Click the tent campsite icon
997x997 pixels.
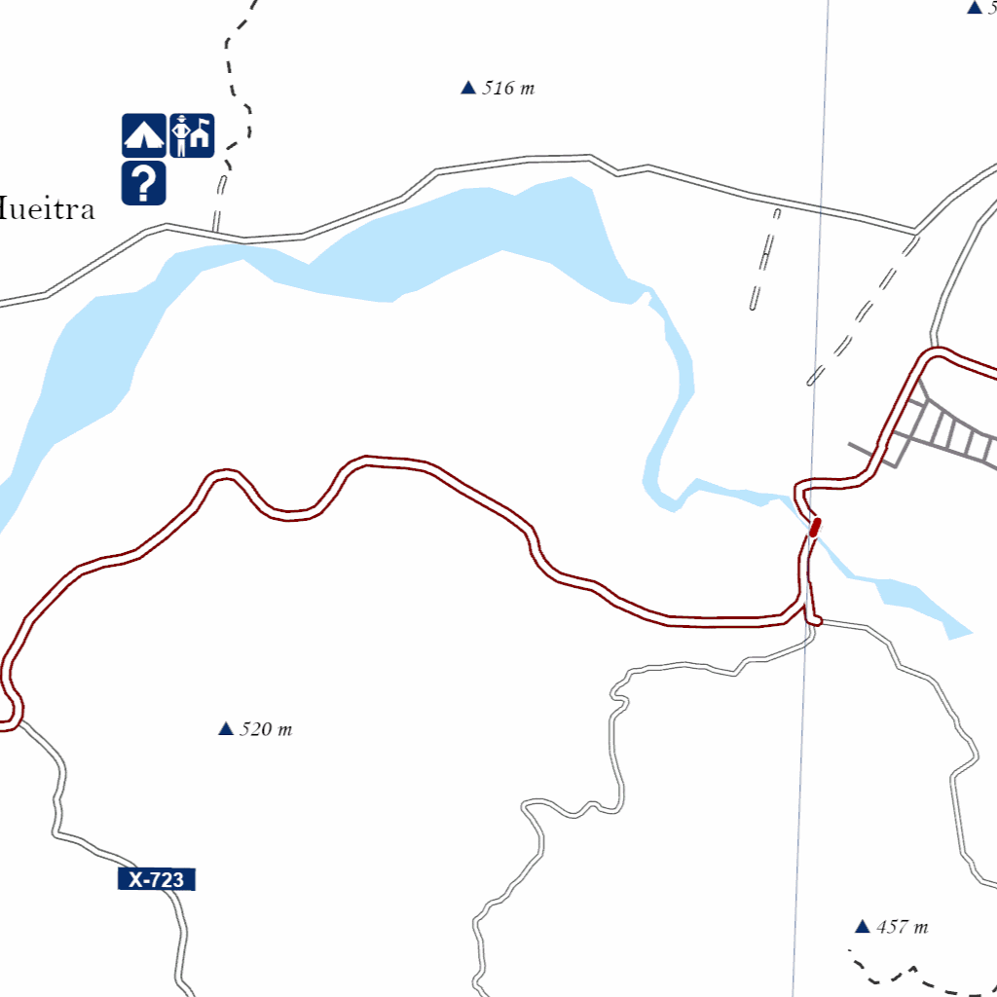coord(143,135)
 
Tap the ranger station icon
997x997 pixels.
coord(192,135)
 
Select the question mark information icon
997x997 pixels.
coord(143,183)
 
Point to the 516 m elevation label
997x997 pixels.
coord(508,89)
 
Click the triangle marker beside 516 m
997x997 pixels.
coord(467,89)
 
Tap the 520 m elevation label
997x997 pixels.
coord(265,729)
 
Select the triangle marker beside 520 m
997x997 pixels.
coord(226,728)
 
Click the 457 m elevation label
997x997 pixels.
coord(902,927)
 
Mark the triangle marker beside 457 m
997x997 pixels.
coord(862,926)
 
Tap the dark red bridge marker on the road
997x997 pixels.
coord(815,527)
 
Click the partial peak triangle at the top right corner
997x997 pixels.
coord(974,8)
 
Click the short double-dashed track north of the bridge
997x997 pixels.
coord(764,258)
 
